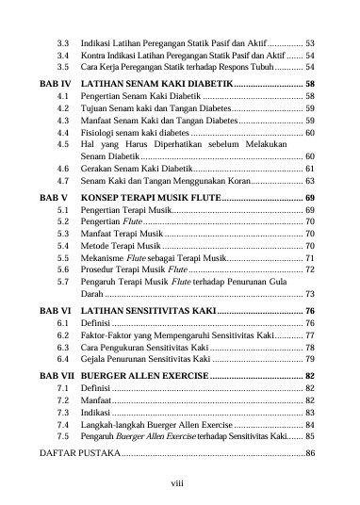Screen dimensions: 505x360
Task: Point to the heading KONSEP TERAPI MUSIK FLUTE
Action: (150, 196)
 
